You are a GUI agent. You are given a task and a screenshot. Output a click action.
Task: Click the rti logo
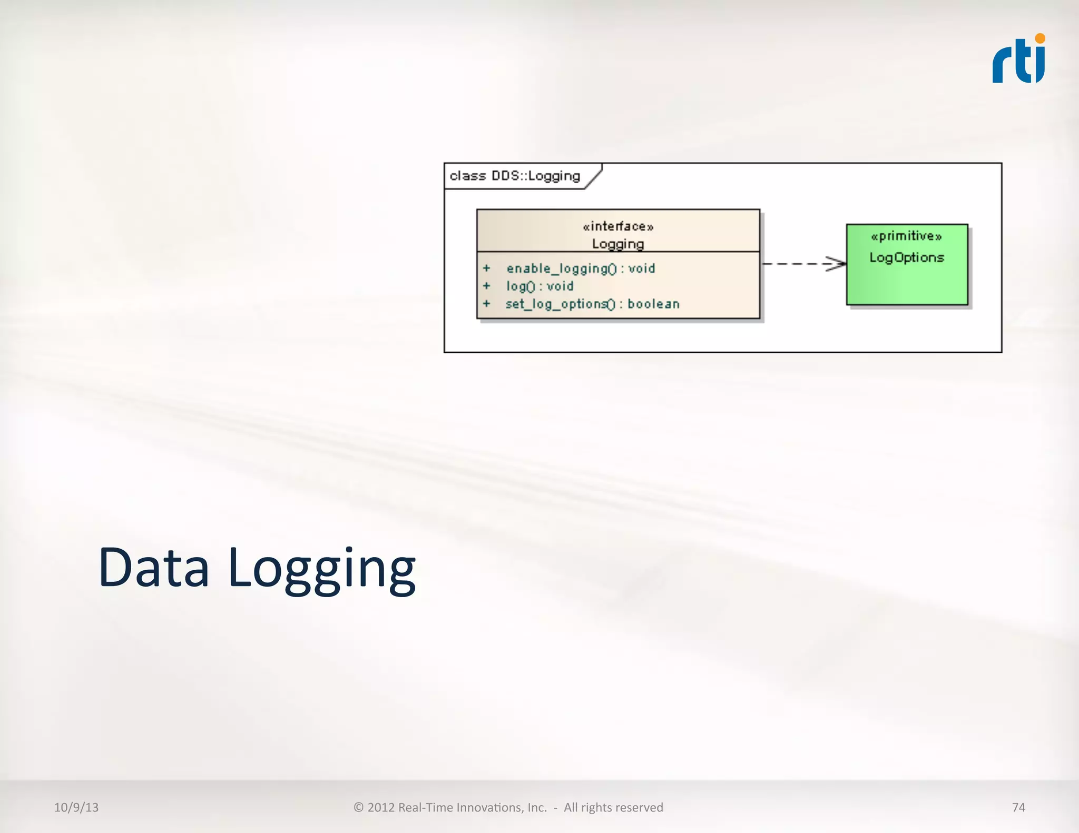pyautogui.click(x=1018, y=61)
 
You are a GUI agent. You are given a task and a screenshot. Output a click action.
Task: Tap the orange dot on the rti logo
pyautogui.click(x=1039, y=38)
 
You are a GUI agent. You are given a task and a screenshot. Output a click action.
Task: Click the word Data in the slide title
pyautogui.click(x=154, y=568)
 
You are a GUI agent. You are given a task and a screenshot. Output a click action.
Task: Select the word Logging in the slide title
pyautogui.click(x=322, y=570)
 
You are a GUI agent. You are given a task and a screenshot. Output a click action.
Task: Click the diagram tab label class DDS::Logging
pyautogui.click(x=515, y=176)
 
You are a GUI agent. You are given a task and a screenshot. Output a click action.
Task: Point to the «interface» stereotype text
pyautogui.click(x=618, y=226)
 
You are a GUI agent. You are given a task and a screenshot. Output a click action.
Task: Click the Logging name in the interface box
pyautogui.click(x=618, y=244)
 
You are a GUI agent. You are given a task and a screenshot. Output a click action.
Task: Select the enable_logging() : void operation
pyautogui.click(x=581, y=269)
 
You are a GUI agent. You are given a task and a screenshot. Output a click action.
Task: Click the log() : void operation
pyautogui.click(x=539, y=286)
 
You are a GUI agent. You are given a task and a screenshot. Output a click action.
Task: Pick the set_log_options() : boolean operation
pyautogui.click(x=592, y=304)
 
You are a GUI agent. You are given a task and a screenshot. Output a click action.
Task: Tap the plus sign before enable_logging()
pyautogui.click(x=487, y=269)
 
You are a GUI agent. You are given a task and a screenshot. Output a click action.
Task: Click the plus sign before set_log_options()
pyautogui.click(x=487, y=304)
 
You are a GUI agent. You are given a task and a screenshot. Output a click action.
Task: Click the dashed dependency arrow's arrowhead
pyautogui.click(x=837, y=263)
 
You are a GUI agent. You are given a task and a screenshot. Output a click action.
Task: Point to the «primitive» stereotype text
pyautogui.click(x=906, y=236)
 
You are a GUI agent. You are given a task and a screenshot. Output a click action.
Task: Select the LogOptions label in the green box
pyautogui.click(x=906, y=257)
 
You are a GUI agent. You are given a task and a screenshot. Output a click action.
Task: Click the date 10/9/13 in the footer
pyautogui.click(x=76, y=807)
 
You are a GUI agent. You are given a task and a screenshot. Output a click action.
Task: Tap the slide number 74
pyautogui.click(x=1018, y=807)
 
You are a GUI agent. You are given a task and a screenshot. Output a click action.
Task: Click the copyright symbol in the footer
pyautogui.click(x=359, y=807)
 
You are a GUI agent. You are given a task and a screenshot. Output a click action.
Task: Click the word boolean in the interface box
pyautogui.click(x=653, y=304)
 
